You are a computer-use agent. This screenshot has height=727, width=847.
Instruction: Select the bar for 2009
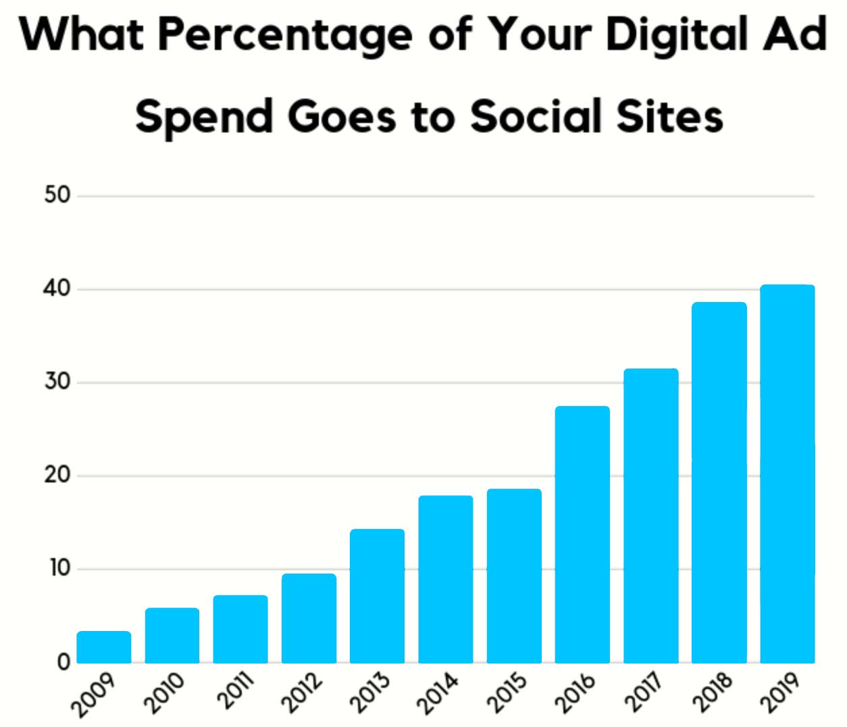103,647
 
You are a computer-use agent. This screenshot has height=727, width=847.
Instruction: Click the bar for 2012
309,618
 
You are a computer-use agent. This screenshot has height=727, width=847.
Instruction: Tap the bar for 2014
445,579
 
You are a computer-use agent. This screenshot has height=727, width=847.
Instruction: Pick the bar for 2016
582,534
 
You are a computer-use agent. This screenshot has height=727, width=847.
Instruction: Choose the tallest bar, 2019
787,474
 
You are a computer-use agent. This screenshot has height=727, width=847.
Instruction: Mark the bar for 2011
240,629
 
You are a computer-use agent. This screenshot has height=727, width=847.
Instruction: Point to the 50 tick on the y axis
57,195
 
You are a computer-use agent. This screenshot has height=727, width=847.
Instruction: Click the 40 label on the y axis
57,289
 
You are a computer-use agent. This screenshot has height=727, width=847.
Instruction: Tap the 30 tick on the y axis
57,382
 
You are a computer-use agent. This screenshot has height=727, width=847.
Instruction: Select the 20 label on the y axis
57,475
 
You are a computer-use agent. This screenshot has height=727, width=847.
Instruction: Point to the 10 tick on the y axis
59,568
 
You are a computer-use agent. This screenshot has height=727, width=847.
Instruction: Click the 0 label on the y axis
63,661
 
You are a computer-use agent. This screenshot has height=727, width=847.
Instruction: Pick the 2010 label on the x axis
164,693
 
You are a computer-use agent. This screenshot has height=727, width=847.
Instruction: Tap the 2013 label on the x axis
369,693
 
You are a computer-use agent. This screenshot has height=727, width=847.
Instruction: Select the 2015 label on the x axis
507,693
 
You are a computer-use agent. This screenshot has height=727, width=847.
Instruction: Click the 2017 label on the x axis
643,693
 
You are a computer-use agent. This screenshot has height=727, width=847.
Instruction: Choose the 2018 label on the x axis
712,693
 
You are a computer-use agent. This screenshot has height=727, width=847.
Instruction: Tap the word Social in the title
536,116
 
